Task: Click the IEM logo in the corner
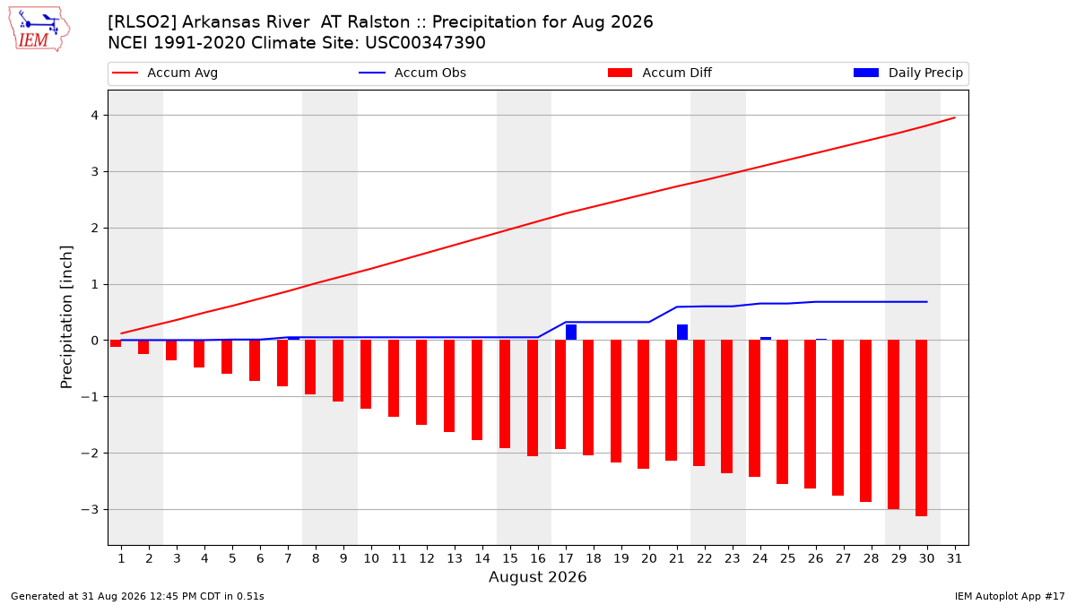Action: point(39,30)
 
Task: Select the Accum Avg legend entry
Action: point(165,73)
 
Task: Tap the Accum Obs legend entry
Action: point(412,73)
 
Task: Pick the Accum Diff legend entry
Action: point(660,73)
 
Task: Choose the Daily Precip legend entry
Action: point(907,73)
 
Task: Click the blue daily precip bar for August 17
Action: point(571,333)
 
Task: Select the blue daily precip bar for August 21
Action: point(682,333)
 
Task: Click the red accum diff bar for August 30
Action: point(922,428)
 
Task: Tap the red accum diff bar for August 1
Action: point(116,343)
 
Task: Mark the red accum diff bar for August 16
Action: point(533,398)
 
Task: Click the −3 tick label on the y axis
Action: point(90,509)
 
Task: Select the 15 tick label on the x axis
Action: point(510,558)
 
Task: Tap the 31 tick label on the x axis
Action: point(954,558)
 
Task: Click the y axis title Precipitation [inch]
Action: point(66,317)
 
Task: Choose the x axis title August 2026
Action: point(537,576)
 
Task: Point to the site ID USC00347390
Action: point(425,43)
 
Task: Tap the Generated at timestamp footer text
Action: point(137,596)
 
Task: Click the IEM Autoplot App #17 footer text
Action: point(1010,596)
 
